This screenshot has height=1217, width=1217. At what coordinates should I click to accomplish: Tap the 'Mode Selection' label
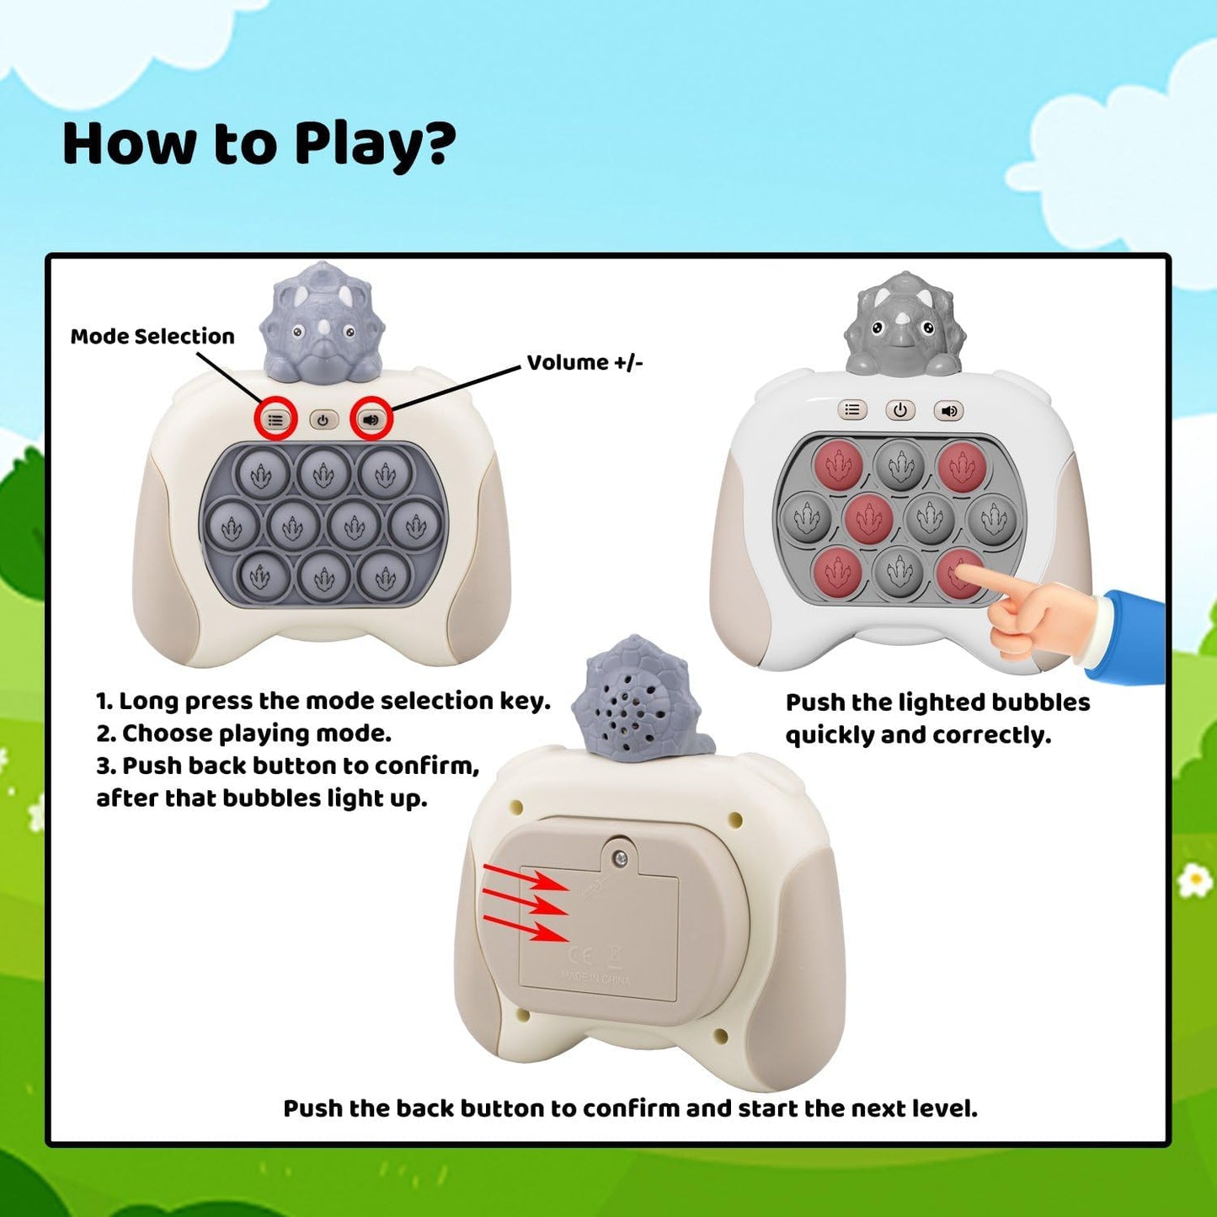coord(152,336)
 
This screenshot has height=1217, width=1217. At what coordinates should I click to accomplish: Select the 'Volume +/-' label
coord(584,362)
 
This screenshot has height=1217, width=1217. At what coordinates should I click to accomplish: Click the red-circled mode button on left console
coord(275,419)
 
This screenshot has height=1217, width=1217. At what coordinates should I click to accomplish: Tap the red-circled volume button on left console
coord(371,419)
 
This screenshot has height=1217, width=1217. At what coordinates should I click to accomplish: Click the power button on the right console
coord(899,410)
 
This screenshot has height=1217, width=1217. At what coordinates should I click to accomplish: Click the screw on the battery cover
coord(620,858)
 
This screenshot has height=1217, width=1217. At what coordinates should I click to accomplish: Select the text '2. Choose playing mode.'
coord(243,734)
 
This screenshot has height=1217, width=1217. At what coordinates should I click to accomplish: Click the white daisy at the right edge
coord(1194,882)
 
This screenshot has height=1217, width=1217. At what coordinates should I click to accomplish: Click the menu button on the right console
coord(852,410)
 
